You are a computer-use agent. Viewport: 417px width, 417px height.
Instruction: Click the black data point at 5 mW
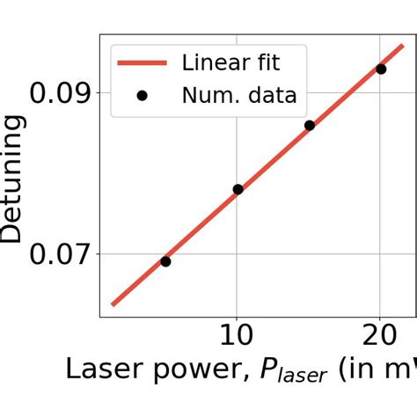(165, 261)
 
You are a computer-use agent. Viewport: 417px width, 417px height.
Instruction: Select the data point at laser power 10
(238, 189)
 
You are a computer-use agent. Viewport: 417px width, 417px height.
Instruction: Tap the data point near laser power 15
(310, 126)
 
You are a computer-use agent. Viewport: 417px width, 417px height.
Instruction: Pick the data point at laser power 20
(381, 69)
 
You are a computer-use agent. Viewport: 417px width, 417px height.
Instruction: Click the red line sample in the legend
(143, 62)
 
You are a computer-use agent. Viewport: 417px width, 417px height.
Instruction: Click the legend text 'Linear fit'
(231, 62)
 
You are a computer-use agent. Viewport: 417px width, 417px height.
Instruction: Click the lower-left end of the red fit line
(113, 304)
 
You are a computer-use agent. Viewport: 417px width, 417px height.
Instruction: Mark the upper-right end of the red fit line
(403, 46)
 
